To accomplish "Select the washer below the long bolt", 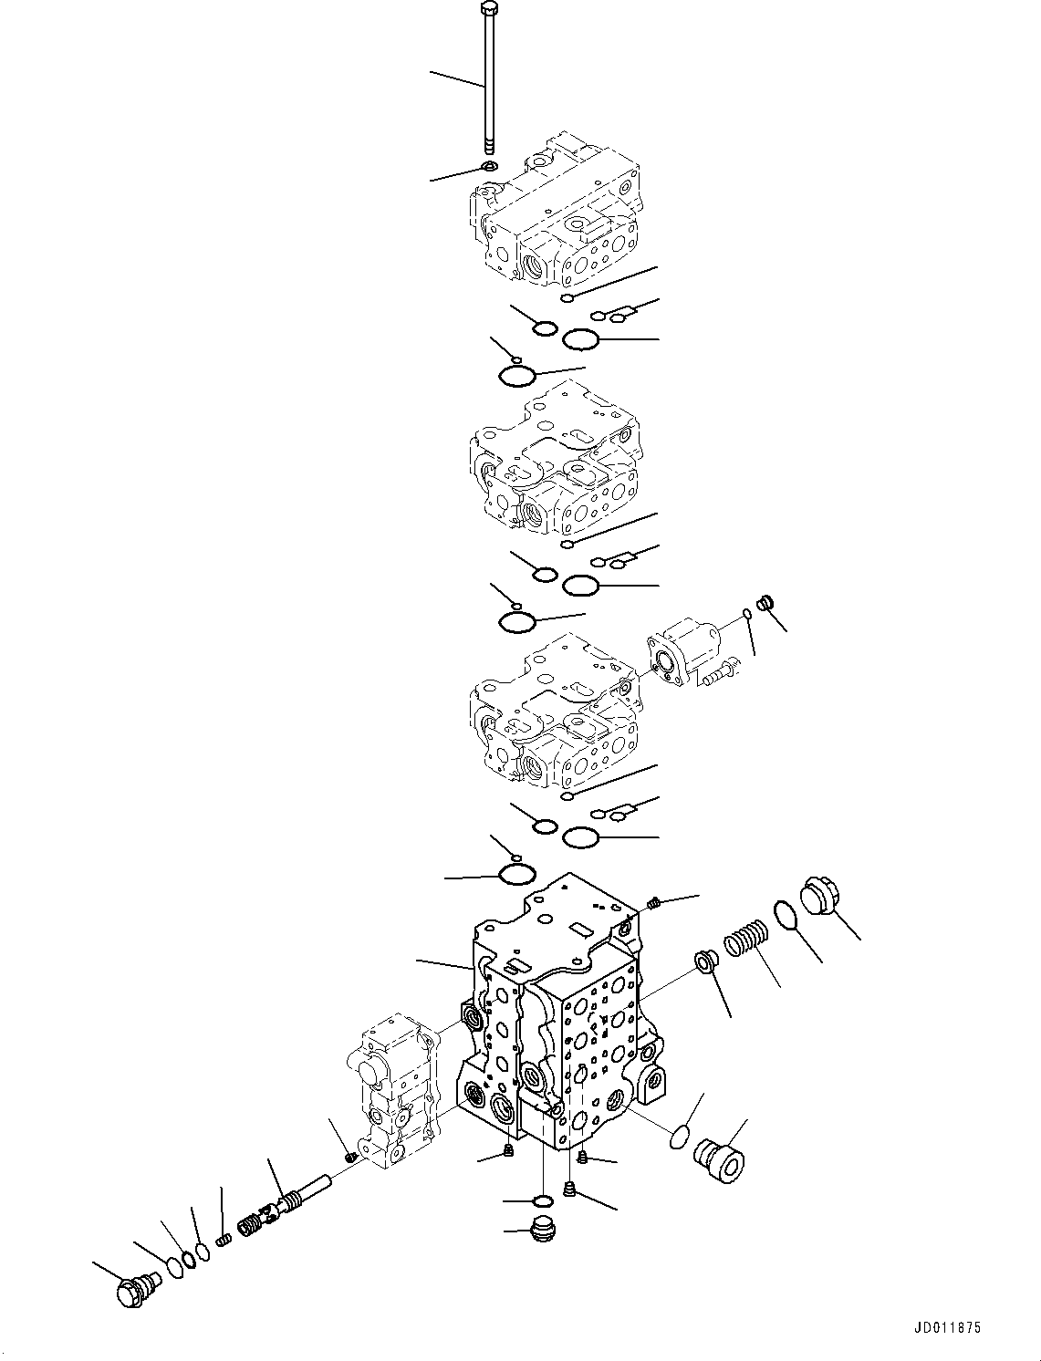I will (489, 167).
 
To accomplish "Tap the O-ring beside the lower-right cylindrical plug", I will (681, 1137).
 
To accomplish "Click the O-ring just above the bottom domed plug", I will (541, 1199).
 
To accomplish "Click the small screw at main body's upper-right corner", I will (654, 903).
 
